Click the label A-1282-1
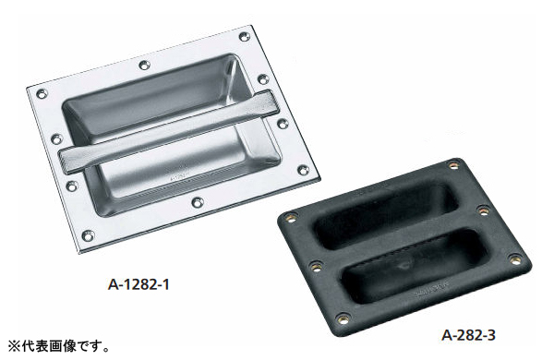[138, 283]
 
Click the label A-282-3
[468, 334]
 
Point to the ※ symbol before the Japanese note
[14, 346]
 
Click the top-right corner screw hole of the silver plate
[245, 36]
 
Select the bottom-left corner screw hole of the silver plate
[88, 235]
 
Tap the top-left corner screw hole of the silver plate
[42, 94]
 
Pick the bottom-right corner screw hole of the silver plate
[303, 170]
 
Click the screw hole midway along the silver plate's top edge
[144, 65]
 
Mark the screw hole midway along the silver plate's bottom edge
[198, 202]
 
